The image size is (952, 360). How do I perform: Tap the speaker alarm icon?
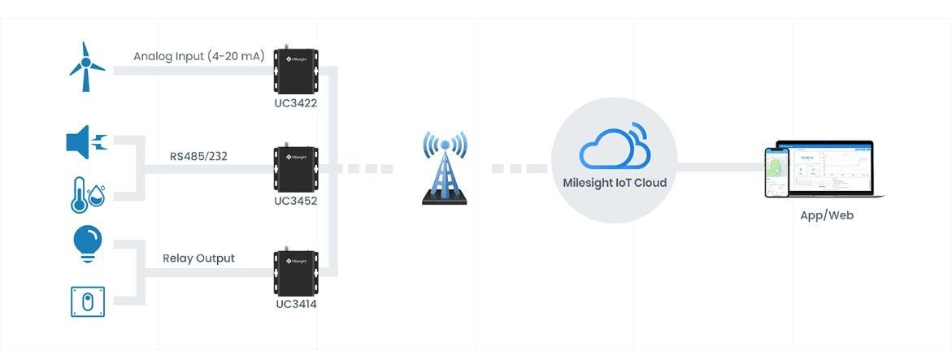coord(86,143)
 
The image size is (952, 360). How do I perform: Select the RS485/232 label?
coord(198,155)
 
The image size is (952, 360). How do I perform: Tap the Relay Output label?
coord(198,258)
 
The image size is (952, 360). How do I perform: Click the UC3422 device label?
coord(296,103)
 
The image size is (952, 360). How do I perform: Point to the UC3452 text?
coord(296,201)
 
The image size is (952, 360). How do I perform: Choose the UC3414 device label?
coord(296,304)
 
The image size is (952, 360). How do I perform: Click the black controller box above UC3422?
coord(295,72)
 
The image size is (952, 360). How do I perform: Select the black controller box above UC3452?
coord(295,169)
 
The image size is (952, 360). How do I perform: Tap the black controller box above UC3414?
coord(295,272)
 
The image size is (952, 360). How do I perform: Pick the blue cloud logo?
coord(615,146)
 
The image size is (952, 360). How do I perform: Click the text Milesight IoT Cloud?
coord(615,183)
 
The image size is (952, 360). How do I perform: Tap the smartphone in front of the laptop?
coord(777,172)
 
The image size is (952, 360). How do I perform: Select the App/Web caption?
coord(827,216)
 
